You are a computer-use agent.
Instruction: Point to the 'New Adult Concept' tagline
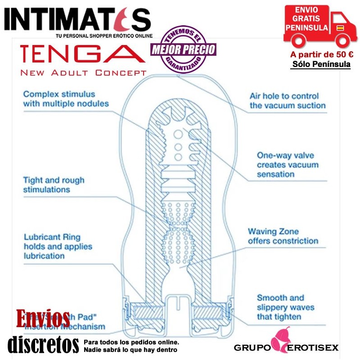tap(84, 72)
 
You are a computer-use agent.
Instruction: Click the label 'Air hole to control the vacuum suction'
tap(288, 101)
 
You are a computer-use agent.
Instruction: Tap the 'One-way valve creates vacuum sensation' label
tap(288, 164)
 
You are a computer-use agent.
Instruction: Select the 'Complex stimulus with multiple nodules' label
tap(66, 99)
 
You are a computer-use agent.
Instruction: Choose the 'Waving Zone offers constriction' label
tap(283, 236)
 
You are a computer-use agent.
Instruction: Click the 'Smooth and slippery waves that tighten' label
tap(285, 307)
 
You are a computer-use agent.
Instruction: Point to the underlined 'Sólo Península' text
tap(321, 64)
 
